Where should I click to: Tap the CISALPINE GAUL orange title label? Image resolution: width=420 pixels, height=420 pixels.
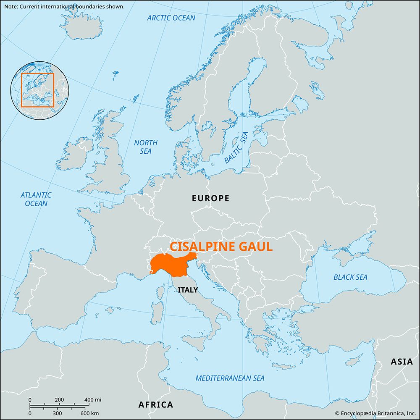(221, 247)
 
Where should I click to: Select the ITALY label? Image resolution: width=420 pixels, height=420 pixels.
(187, 290)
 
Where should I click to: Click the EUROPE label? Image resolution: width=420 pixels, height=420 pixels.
(210, 198)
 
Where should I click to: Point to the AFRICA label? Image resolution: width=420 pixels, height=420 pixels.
(155, 405)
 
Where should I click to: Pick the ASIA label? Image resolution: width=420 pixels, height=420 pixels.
(402, 362)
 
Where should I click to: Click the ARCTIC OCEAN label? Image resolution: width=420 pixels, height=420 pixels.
(171, 18)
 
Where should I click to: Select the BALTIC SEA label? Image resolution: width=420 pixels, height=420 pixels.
(236, 147)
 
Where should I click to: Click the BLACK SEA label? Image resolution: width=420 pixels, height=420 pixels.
(350, 277)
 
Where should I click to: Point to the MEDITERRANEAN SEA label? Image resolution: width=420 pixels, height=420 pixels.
(230, 378)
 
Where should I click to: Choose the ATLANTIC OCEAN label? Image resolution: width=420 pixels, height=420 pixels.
(36, 199)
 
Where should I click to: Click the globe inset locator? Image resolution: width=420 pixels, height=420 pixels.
(38, 90)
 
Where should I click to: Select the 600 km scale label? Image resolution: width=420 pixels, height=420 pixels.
(90, 413)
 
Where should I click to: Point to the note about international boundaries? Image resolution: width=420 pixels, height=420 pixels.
(63, 7)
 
